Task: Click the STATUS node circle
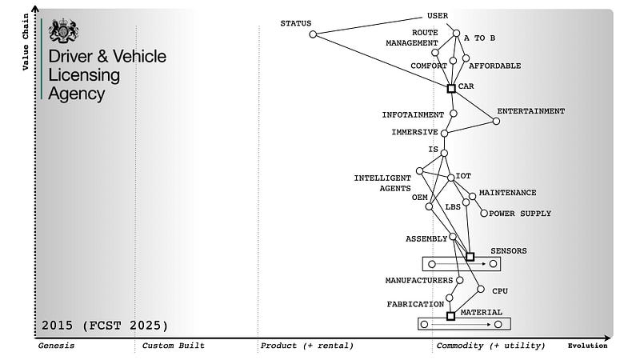[313, 34]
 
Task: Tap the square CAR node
[451, 88]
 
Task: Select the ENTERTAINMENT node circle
[496, 121]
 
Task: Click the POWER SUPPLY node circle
[484, 214]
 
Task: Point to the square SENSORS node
[470, 257]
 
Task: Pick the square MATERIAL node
[450, 316]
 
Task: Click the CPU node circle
[481, 289]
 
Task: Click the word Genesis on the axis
[56, 346]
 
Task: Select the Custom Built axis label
[173, 346]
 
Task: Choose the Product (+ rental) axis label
[306, 346]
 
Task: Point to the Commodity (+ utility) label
[490, 346]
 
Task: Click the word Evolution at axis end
[587, 346]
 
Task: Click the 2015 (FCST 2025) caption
[105, 326]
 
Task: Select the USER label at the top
[438, 15]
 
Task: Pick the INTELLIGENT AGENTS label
[382, 182]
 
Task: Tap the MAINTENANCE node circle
[472, 196]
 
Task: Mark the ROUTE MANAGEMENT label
[412, 38]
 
